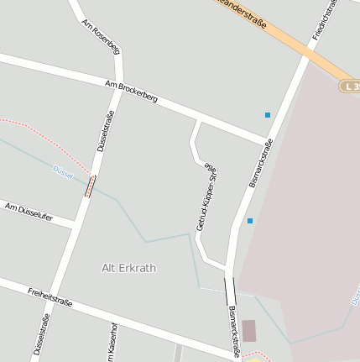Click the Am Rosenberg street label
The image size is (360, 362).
click(x=101, y=38)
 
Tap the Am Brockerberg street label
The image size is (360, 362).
click(x=132, y=92)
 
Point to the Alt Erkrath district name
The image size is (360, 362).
click(x=128, y=268)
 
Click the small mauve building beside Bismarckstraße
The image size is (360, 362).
click(x=248, y=330)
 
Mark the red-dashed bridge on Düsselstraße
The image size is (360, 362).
click(x=90, y=186)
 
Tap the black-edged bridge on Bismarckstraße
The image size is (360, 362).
click(x=230, y=291)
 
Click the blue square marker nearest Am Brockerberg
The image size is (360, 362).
click(x=268, y=114)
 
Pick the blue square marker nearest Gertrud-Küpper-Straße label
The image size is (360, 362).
click(x=249, y=221)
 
